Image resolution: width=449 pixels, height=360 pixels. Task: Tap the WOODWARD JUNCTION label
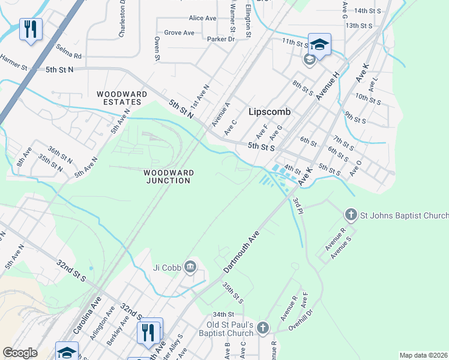pyautogui.click(x=168, y=176)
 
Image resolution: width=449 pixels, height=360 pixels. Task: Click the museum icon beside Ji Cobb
pyautogui.click(x=191, y=267)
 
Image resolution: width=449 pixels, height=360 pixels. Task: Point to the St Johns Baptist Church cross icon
pyautogui.click(x=351, y=215)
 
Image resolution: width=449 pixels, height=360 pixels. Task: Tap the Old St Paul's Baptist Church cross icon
pyautogui.click(x=263, y=328)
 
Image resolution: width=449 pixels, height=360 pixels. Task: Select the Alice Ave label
pyautogui.click(x=202, y=19)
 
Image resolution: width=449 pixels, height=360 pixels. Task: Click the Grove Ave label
pyautogui.click(x=179, y=33)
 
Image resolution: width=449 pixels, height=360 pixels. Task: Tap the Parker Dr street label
pyautogui.click(x=220, y=40)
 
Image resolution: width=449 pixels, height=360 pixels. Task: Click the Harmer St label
pyautogui.click(x=14, y=63)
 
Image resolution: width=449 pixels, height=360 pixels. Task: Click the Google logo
pyautogui.click(x=20, y=353)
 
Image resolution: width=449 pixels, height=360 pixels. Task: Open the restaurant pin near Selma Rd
pyautogui.click(x=30, y=29)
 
